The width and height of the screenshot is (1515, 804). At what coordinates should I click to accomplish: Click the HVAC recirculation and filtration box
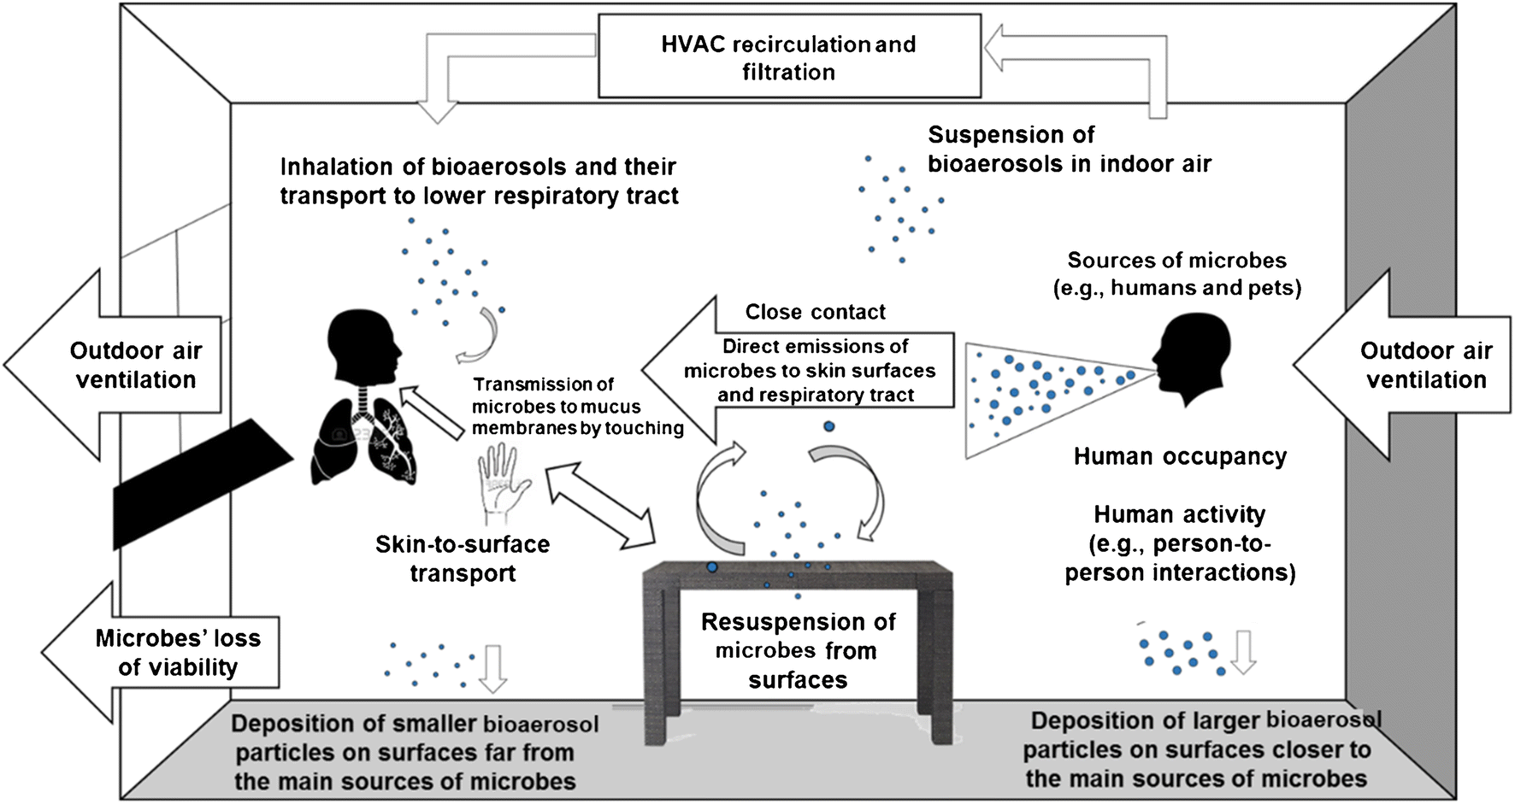(788, 57)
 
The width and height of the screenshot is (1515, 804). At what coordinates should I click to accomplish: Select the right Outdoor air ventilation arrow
(1402, 365)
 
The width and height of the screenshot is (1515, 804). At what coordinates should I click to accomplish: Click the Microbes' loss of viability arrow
(162, 653)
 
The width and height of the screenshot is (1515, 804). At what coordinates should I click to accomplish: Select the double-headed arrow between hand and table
(600, 505)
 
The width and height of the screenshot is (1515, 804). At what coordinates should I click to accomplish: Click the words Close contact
(815, 312)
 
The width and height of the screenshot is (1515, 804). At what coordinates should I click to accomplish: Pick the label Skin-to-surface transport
(463, 558)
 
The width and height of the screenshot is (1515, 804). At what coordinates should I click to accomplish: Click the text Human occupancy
(1180, 456)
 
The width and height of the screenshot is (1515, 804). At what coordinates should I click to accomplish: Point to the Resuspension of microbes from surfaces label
(798, 650)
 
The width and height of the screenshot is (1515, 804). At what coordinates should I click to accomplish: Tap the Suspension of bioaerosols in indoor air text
(1069, 149)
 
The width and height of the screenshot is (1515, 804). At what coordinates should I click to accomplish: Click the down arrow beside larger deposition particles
(1243, 652)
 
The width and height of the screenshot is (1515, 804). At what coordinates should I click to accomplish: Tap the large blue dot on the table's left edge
(711, 566)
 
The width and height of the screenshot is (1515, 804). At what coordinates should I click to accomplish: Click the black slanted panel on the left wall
(201, 483)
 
